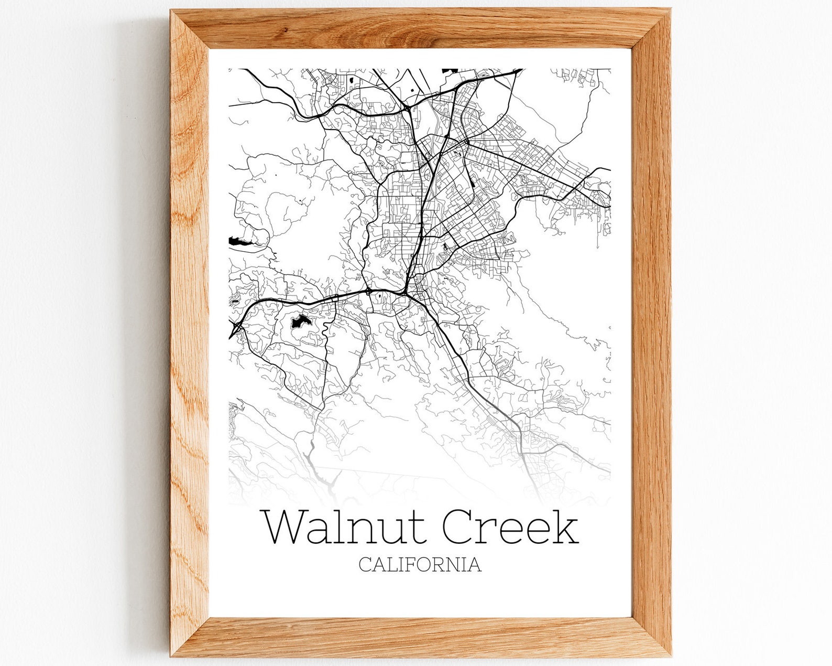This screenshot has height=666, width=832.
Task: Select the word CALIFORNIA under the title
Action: click(420, 565)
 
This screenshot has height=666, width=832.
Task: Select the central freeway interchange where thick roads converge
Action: click(407, 289)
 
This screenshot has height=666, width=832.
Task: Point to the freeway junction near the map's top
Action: click(407, 108)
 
